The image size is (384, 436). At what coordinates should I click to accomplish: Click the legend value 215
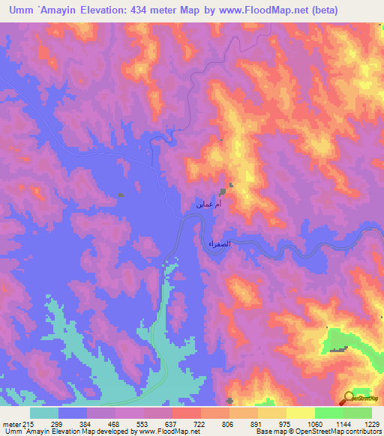(x=28, y=423)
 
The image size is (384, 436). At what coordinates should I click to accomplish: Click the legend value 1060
(x=316, y=423)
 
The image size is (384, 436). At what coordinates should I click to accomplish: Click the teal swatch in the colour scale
(x=44, y=413)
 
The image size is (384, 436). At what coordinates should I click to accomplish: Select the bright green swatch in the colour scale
(x=329, y=413)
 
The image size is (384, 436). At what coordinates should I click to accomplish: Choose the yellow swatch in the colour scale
(x=301, y=413)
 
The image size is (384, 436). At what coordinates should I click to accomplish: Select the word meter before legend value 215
(x=10, y=423)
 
